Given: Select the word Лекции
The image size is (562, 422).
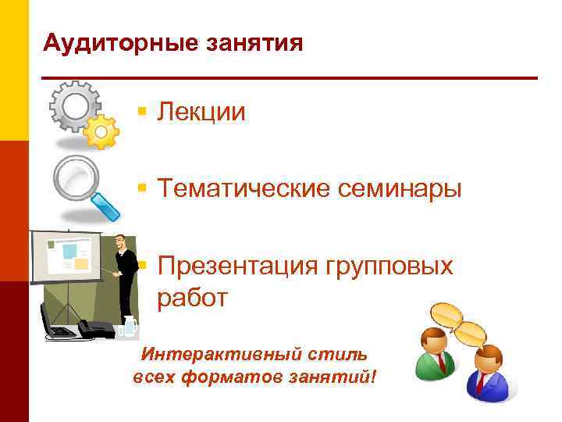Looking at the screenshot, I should pos(201,113).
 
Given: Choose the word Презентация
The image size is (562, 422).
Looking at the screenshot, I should pos(233,266).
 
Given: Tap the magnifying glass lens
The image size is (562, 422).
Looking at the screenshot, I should pos(76,177).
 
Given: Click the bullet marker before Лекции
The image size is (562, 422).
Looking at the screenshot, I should pos(141,113).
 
